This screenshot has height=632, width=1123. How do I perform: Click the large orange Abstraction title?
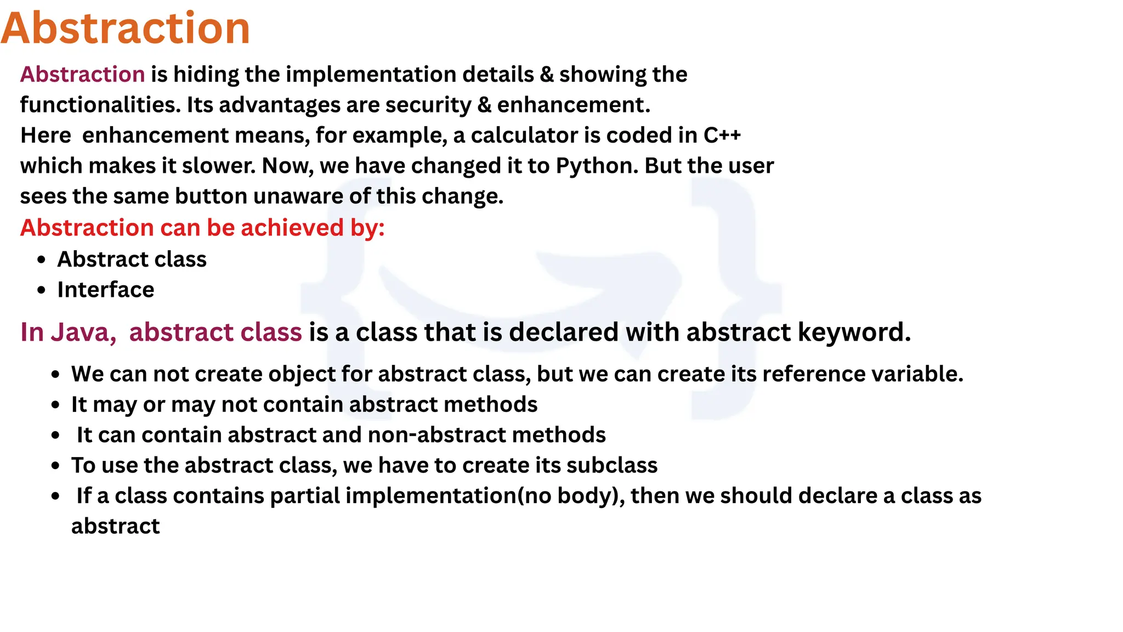click(x=126, y=29)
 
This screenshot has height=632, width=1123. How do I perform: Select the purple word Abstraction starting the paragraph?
click(x=82, y=75)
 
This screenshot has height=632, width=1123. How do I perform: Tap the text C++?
click(x=722, y=136)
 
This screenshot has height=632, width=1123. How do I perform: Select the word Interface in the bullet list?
click(x=106, y=290)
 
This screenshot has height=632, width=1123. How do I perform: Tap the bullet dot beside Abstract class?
click(x=42, y=260)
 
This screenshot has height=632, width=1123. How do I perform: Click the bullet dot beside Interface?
click(x=42, y=290)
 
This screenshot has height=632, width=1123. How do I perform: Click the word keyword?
click(x=853, y=332)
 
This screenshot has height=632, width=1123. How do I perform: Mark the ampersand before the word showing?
click(x=547, y=75)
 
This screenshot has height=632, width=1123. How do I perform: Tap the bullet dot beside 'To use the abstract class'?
click(x=55, y=466)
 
